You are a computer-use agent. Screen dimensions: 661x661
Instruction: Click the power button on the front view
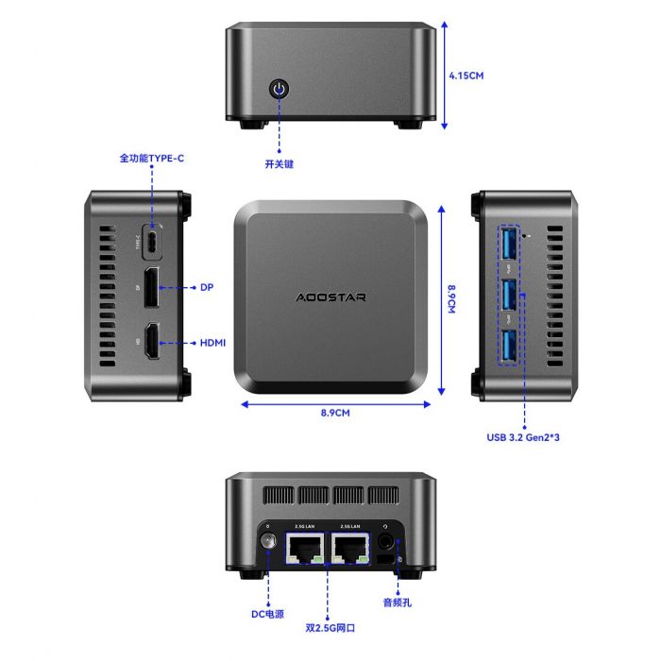[x=280, y=90]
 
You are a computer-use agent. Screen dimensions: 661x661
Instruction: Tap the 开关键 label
[x=280, y=163]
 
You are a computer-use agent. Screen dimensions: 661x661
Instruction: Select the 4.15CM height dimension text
[x=466, y=75]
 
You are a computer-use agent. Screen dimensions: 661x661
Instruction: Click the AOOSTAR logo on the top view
[x=330, y=297]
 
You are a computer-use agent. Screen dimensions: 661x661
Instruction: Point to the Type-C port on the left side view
[x=151, y=241]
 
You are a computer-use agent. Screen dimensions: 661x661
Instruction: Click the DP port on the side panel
[x=151, y=287]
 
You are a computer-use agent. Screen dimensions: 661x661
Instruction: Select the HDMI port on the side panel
[x=151, y=343]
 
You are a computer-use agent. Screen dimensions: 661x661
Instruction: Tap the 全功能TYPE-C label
[x=151, y=159]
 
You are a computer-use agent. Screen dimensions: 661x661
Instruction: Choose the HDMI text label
[x=212, y=343]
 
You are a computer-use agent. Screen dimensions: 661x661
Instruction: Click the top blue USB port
[x=510, y=242]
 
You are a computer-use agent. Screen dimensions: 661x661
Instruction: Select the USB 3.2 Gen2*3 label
[x=530, y=437]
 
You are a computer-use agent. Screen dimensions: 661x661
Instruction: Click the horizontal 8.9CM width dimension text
[x=335, y=414]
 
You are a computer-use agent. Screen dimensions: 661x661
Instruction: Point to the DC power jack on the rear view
[x=266, y=544]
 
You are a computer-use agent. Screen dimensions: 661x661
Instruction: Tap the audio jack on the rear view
[x=387, y=543]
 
